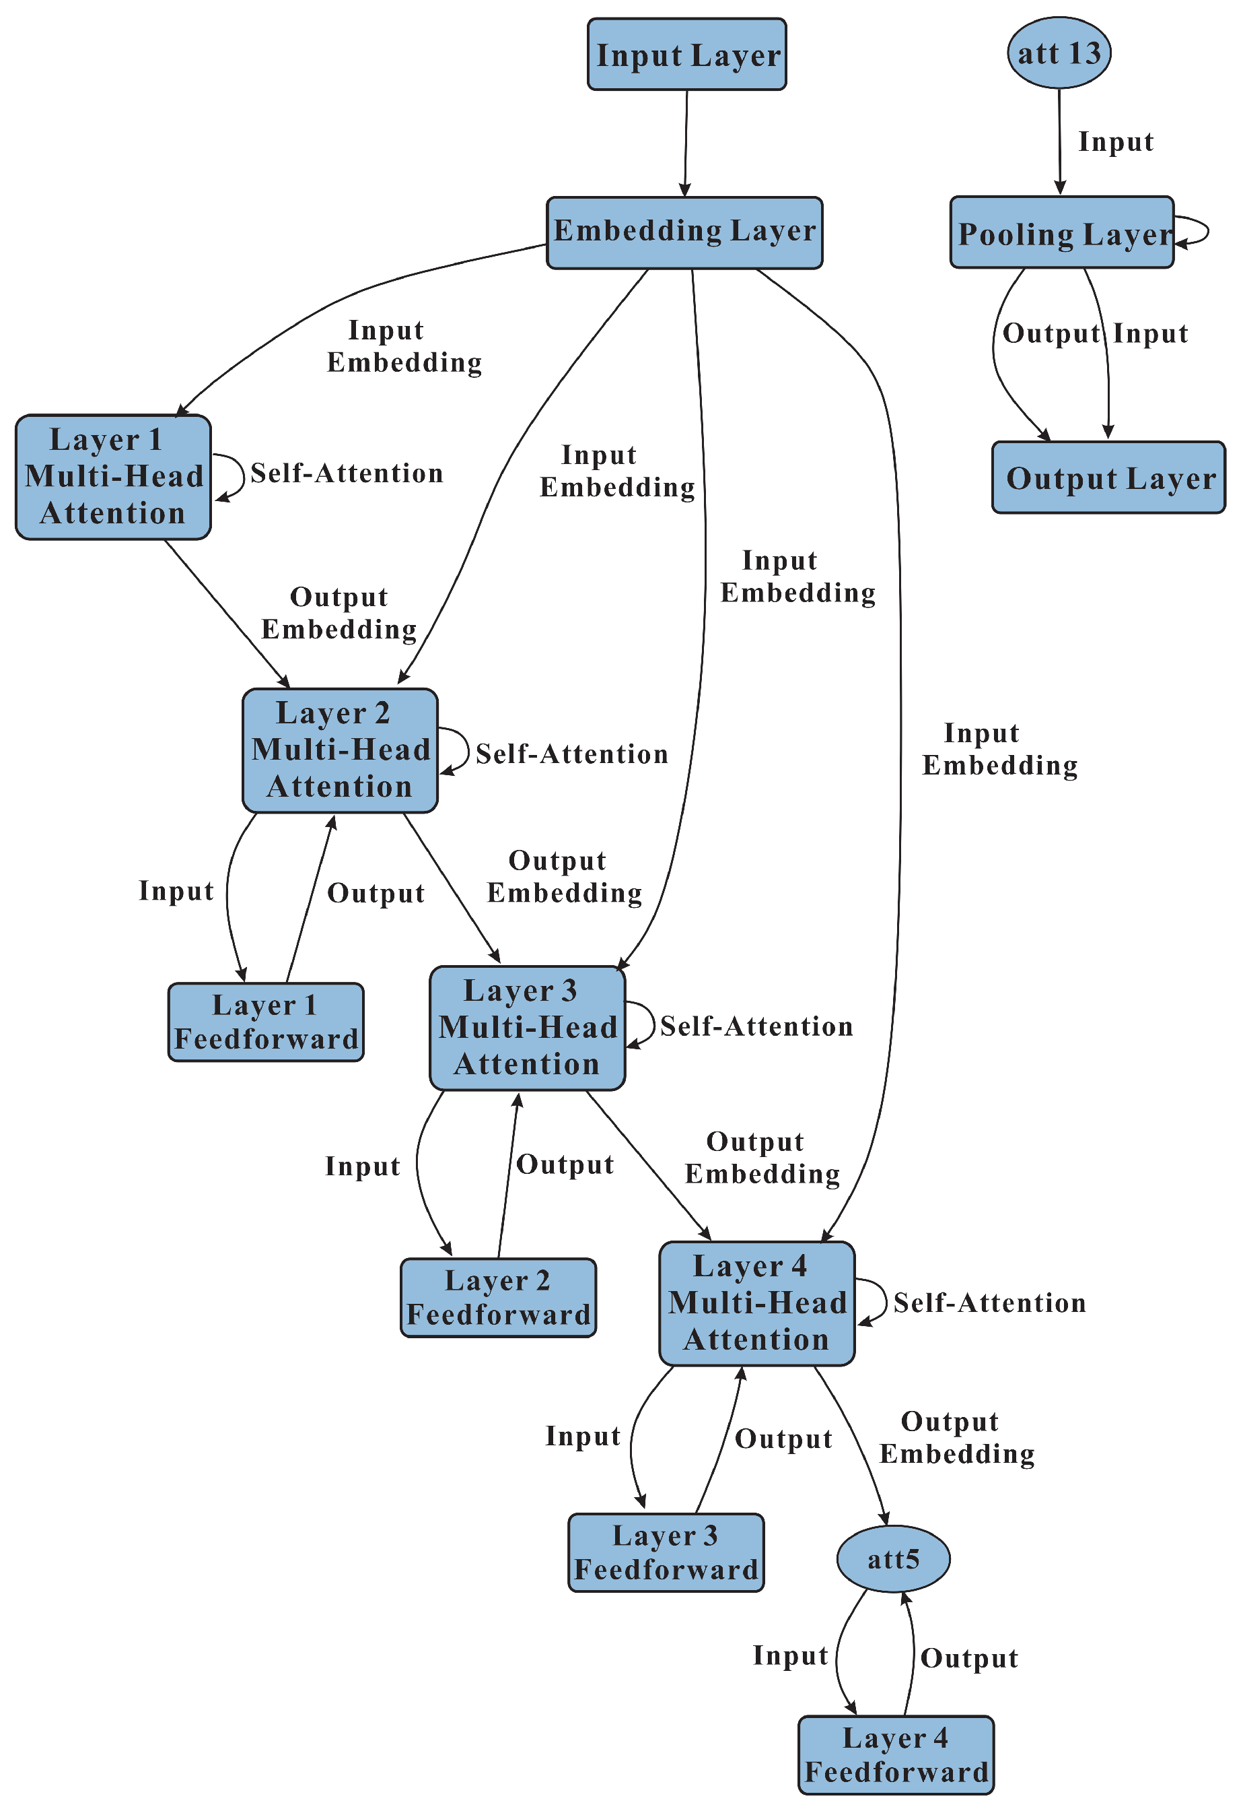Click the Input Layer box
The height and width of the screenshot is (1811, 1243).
[686, 55]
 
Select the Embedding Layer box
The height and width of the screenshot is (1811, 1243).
[684, 232]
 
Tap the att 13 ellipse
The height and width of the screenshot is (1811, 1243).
[1059, 53]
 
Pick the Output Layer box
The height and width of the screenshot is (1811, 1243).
[1108, 477]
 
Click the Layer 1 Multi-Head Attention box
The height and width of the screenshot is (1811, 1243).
[113, 476]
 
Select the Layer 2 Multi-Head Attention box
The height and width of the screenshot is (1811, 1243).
[340, 750]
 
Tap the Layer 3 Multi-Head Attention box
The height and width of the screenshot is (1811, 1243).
[526, 1027]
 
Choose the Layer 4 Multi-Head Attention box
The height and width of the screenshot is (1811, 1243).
[756, 1303]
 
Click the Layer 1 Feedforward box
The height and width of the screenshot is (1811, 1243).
[266, 1022]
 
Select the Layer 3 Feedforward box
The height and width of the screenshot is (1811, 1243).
[665, 1552]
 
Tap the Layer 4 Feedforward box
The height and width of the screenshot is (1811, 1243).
[896, 1754]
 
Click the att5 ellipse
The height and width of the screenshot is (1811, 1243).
[892, 1558]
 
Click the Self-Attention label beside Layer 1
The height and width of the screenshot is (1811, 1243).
[347, 473]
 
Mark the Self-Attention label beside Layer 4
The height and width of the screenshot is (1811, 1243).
[989, 1302]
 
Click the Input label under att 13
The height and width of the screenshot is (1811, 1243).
[1114, 142]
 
